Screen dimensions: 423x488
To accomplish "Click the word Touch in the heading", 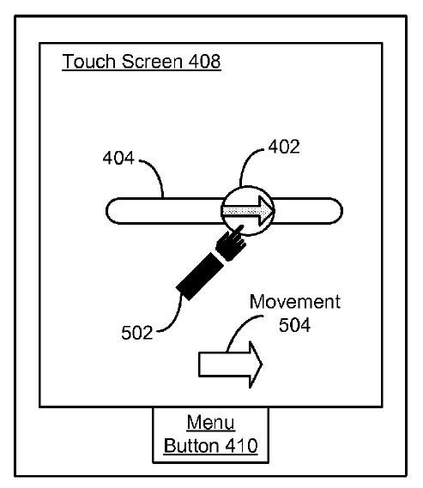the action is (x=88, y=61).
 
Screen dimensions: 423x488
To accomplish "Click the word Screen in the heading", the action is (x=152, y=61).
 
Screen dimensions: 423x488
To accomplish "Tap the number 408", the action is (x=204, y=61).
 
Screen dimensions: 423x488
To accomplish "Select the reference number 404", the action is (x=118, y=158).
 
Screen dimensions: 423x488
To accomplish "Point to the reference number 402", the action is (x=284, y=147).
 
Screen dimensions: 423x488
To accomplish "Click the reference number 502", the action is (x=137, y=333).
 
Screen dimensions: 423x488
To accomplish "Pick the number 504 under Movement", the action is (x=294, y=325).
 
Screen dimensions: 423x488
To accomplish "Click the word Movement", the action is (x=295, y=302).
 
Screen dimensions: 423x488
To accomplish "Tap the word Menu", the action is (x=211, y=422).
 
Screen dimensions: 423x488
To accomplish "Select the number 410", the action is (x=242, y=446).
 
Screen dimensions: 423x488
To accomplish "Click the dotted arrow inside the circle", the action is (x=248, y=211).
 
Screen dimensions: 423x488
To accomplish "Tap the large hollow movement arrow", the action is (x=231, y=364).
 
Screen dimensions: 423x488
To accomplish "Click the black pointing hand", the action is (x=230, y=243).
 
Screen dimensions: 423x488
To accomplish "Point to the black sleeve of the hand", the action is (x=200, y=276).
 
